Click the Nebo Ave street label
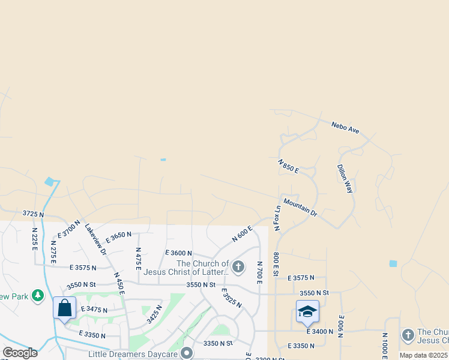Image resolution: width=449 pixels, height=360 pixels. pos(345,127)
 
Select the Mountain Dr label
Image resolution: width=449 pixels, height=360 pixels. pos(300,207)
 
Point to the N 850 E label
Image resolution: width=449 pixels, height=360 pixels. pos(289,166)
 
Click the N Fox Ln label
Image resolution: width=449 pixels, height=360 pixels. pos(277,218)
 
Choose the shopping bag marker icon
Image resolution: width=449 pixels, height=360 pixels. pos(65,308)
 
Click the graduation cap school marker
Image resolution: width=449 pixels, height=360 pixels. pos(307,311)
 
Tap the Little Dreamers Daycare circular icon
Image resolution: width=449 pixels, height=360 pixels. pos(187,353)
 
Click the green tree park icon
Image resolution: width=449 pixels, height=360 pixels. pos(38,295)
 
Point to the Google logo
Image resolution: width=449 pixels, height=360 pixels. pos(20,353)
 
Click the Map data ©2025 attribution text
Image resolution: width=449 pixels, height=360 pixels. pos(423,355)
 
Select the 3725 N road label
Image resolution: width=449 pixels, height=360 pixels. pos(34,214)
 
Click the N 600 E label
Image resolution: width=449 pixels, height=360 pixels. pos(241,234)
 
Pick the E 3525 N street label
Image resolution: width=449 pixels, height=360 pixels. pos(231,298)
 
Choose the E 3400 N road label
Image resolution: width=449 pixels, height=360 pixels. pos(319,331)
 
